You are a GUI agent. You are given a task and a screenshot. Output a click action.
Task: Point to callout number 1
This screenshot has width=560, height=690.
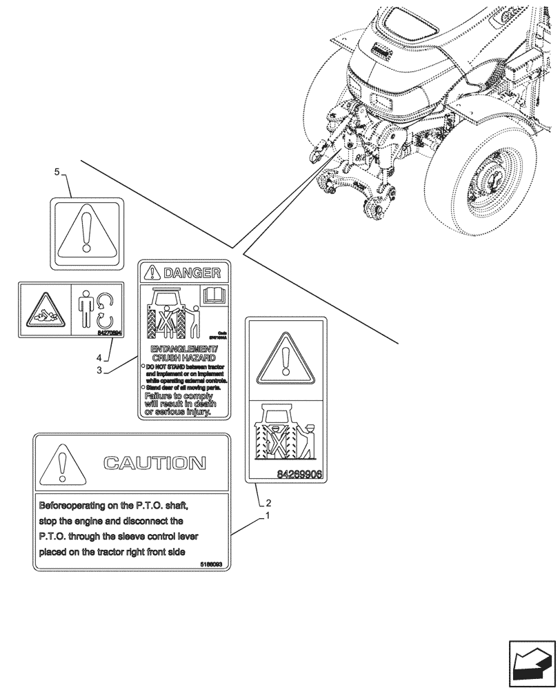(269, 515)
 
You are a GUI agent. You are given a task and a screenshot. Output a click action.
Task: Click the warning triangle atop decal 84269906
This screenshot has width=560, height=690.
(286, 359)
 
